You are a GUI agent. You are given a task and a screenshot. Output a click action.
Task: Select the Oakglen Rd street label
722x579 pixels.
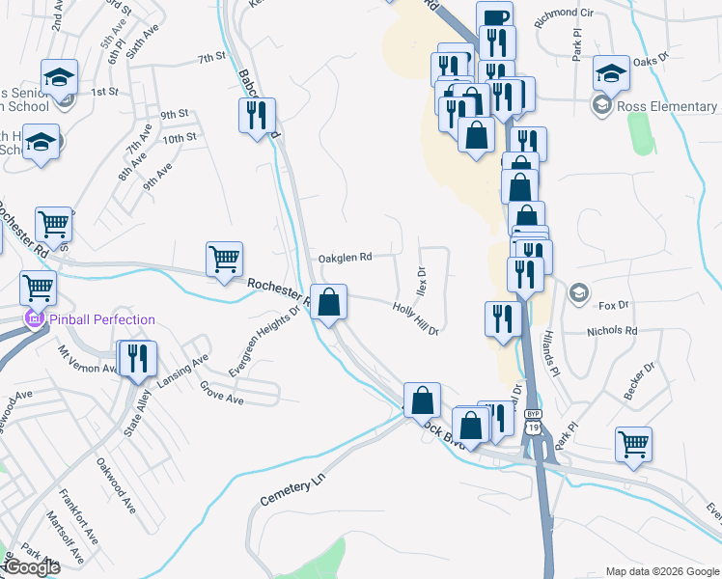tap(345, 258)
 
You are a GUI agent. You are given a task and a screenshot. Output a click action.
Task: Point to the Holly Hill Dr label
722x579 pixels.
tap(416, 319)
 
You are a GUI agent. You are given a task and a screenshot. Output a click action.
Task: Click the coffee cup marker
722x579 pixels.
tap(494, 19)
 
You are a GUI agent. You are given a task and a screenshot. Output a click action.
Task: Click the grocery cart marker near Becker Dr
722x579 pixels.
tap(633, 445)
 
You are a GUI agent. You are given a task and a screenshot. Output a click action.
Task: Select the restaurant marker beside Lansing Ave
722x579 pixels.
tap(136, 359)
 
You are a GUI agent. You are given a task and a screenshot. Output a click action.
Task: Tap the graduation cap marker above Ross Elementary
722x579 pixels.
tap(610, 73)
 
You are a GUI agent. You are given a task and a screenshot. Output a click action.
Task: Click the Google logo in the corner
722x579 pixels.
tap(32, 567)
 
